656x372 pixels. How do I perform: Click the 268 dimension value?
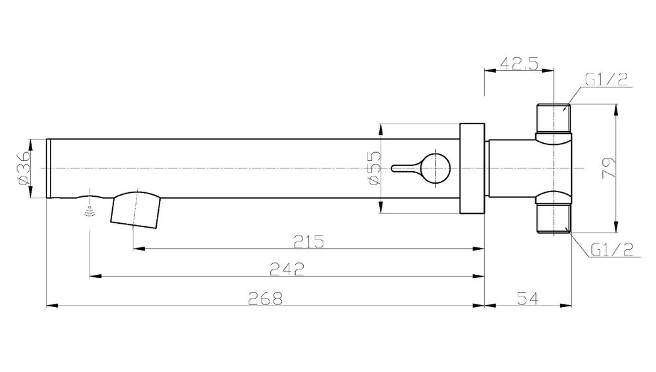click(x=266, y=299)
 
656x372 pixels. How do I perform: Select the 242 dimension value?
click(x=287, y=269)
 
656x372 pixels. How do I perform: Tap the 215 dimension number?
click(x=309, y=242)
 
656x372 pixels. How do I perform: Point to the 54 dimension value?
click(x=528, y=299)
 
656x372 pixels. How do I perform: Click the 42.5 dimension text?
click(x=519, y=64)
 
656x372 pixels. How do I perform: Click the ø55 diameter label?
click(x=375, y=168)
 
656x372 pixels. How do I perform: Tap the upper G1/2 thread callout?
click(x=606, y=79)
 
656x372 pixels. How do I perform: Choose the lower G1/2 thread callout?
click(x=612, y=250)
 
